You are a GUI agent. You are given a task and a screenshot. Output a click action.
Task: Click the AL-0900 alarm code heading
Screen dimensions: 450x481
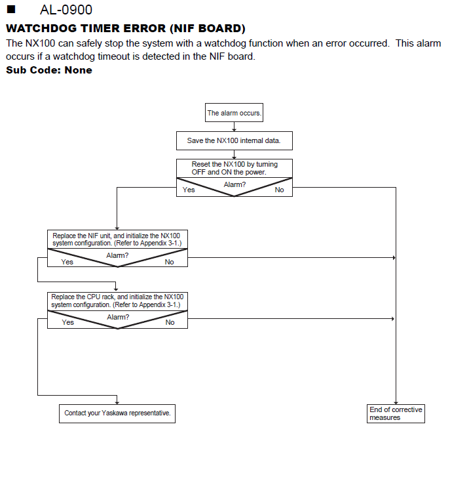(66, 10)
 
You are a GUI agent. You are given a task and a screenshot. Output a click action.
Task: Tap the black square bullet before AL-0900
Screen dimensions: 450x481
(11, 9)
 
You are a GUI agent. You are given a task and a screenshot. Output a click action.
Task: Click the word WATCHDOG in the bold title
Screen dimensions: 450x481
(41, 28)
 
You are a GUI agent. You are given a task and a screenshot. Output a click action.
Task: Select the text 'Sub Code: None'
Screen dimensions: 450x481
(49, 70)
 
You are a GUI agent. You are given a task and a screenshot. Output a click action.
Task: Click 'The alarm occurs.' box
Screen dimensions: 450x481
(234, 113)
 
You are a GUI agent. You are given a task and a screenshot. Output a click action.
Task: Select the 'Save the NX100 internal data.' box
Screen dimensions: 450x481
(234, 141)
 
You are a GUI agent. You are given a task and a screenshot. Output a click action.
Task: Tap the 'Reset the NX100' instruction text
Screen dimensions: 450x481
(234, 168)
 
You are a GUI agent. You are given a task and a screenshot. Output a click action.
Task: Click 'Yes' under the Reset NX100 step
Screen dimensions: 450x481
(189, 190)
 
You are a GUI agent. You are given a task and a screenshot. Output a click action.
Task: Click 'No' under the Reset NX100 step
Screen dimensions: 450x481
(279, 190)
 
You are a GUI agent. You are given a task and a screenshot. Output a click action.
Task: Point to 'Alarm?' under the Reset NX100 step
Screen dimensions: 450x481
(234, 184)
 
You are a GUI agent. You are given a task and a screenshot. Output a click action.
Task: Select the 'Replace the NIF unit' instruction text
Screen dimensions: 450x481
(117, 240)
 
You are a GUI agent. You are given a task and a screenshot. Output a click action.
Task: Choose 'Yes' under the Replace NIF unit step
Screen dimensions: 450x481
(67, 262)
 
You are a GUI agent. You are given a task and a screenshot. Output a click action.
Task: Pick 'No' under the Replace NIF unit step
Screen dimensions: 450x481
(169, 262)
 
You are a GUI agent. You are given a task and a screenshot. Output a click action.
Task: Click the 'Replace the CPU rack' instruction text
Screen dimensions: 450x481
(117, 301)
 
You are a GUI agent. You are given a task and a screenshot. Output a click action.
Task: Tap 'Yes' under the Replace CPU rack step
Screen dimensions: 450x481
(67, 322)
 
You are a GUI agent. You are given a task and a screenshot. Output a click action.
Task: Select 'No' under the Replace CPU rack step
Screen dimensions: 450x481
(170, 322)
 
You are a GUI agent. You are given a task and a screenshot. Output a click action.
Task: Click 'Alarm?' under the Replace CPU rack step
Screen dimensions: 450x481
(118, 317)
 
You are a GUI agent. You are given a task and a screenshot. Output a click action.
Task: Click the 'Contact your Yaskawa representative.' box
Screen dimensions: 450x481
(117, 413)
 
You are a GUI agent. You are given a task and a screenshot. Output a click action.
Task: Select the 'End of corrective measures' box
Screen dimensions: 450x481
(396, 413)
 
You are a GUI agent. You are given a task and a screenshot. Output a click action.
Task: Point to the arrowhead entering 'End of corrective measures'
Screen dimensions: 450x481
(396, 403)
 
